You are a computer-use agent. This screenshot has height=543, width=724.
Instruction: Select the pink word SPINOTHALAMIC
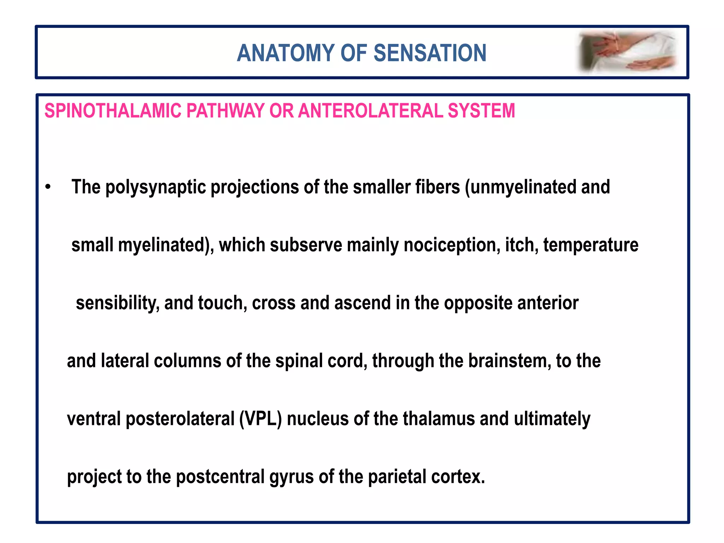coord(112,111)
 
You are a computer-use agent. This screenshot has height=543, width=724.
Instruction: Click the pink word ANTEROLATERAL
coord(371,111)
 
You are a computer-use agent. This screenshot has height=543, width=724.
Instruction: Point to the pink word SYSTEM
coord(481,111)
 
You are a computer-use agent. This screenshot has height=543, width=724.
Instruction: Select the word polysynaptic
coord(156,187)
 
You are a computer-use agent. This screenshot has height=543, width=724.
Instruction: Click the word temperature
coord(591,245)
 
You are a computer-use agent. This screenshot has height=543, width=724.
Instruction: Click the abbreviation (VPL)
coord(261,419)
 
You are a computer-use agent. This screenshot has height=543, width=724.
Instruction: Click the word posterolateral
coord(180,419)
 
